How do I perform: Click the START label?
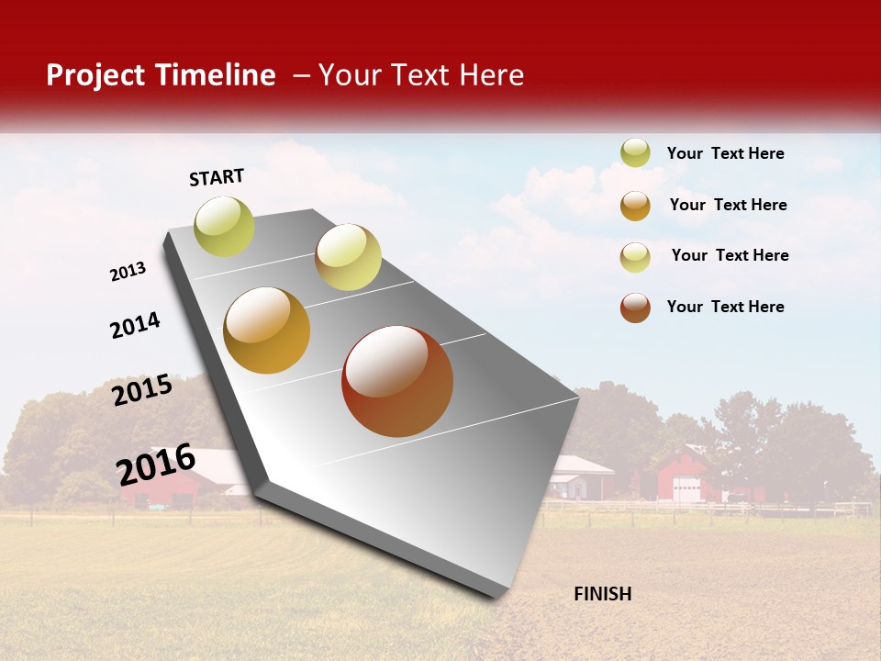(x=217, y=177)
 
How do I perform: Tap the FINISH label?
(x=602, y=594)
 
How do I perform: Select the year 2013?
(x=128, y=272)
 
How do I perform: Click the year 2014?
(x=135, y=325)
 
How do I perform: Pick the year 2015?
(x=142, y=390)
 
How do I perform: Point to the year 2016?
(x=156, y=464)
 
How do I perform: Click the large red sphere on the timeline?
(x=397, y=381)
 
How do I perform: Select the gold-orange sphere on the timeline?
(x=267, y=330)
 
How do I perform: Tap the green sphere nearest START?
(x=224, y=226)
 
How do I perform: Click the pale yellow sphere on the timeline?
(x=348, y=257)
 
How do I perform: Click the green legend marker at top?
(x=635, y=152)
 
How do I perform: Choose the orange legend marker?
(x=635, y=206)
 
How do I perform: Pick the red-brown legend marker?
(x=635, y=308)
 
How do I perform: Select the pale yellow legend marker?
(x=635, y=257)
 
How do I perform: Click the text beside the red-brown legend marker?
(x=725, y=307)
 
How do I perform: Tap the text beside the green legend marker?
(x=725, y=153)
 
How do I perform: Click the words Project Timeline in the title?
(x=161, y=75)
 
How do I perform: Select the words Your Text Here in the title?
(x=421, y=75)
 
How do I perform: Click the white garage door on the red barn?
(x=686, y=489)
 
